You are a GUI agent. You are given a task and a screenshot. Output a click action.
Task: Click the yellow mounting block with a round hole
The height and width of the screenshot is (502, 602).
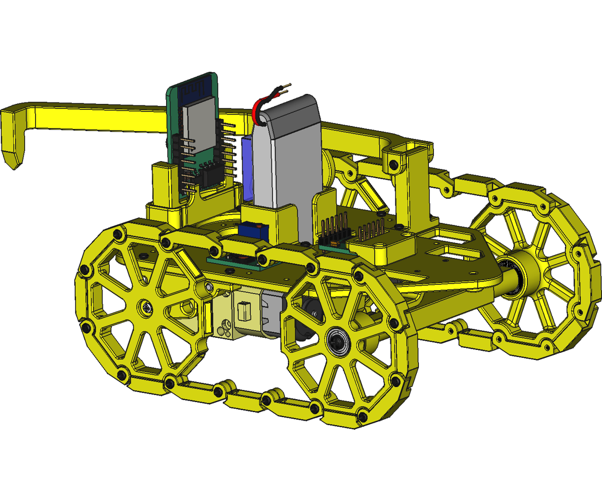click(382, 248)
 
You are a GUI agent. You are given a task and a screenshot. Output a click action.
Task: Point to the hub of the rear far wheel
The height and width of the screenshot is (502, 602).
click(532, 271)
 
